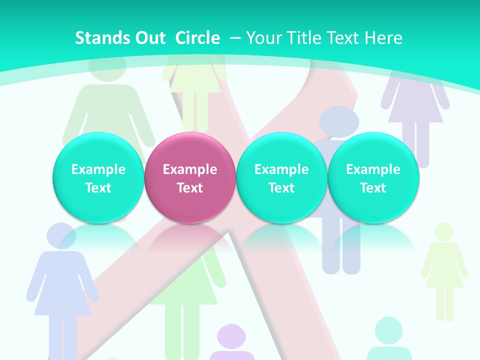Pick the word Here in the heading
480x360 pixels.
click(383, 38)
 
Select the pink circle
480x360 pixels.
click(190, 178)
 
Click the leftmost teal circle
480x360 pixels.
click(98, 178)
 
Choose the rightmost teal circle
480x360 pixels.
click(373, 178)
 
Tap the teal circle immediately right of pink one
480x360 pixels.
click(281, 178)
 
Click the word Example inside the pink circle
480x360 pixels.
click(190, 169)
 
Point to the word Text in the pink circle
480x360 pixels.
click(190, 188)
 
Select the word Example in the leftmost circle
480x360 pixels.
click(98, 169)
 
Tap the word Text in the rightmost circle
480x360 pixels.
click(373, 188)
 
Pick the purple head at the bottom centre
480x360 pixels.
click(231, 337)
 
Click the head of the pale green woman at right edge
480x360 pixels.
click(443, 232)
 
